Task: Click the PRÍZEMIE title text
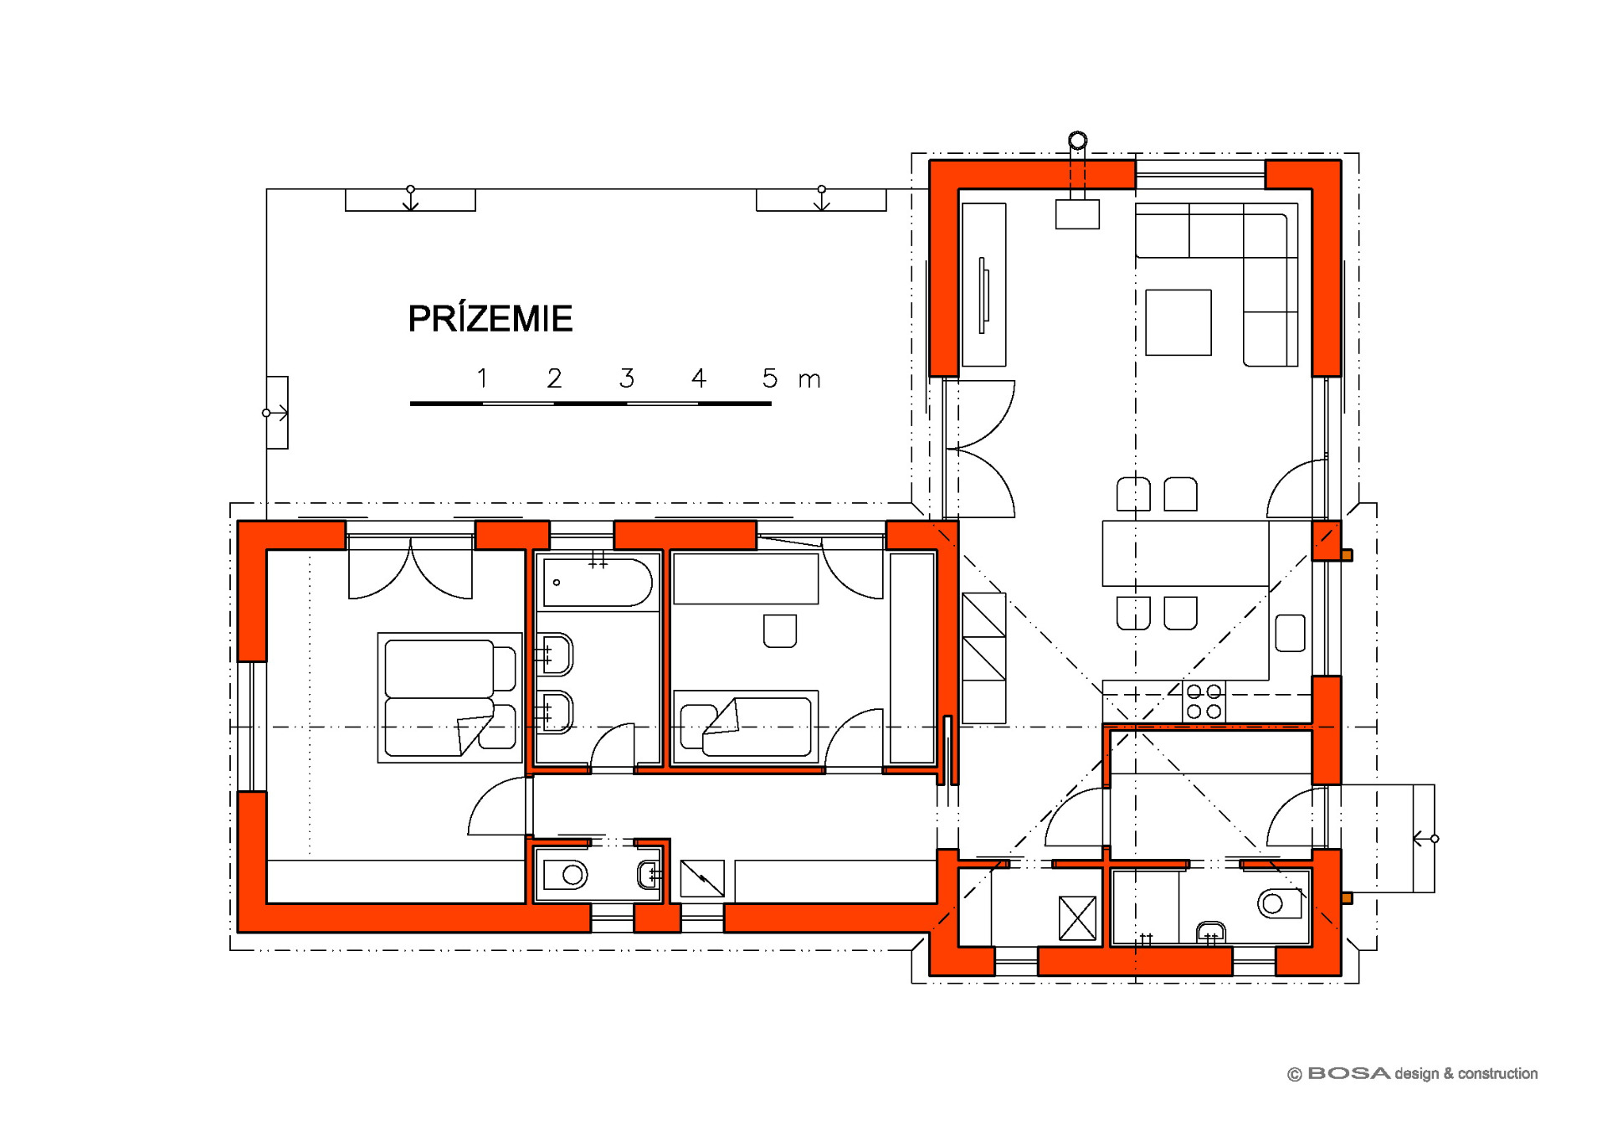pyautogui.click(x=490, y=318)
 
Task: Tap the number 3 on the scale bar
pyautogui.click(x=627, y=378)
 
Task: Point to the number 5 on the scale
pyautogui.click(x=770, y=378)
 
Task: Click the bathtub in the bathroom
pyautogui.click(x=598, y=582)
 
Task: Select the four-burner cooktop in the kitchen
pyautogui.click(x=1204, y=702)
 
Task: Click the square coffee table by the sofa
pyautogui.click(x=1178, y=322)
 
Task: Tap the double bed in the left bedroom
pyautogui.click(x=450, y=697)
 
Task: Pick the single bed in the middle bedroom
pyautogui.click(x=746, y=727)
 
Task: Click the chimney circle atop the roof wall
pyautogui.click(x=1078, y=141)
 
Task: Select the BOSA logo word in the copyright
pyautogui.click(x=1348, y=1073)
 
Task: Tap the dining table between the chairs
pyautogui.click(x=1185, y=553)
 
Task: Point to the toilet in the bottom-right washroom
pyautogui.click(x=1279, y=903)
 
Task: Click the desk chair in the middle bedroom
pyautogui.click(x=780, y=631)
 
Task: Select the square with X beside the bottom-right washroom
pyautogui.click(x=1077, y=918)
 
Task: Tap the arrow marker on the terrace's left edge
pyautogui.click(x=276, y=413)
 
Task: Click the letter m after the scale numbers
pyautogui.click(x=809, y=381)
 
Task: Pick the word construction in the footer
pyautogui.click(x=1497, y=1073)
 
